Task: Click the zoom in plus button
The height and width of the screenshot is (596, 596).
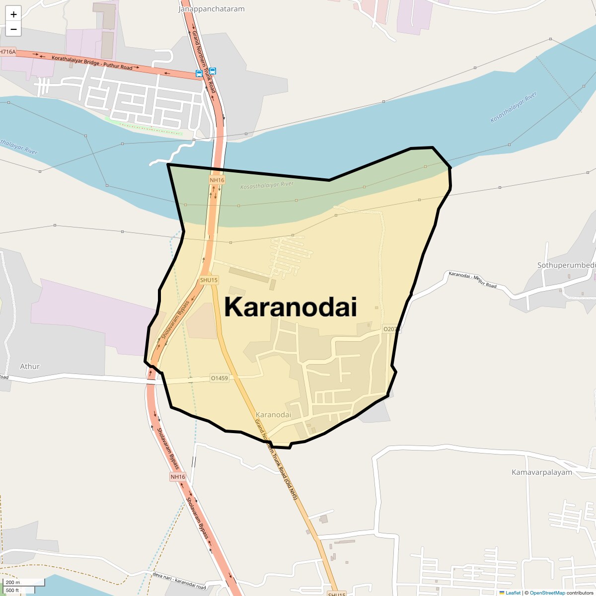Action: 13,14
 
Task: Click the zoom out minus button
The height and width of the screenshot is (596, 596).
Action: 13,29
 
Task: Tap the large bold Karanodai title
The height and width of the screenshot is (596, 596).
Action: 291,306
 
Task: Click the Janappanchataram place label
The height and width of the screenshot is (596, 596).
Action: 212,9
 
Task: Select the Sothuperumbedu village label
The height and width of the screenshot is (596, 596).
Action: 566,265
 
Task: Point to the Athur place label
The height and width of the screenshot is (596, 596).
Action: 30,367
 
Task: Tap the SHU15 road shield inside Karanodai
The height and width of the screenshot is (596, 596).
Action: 209,280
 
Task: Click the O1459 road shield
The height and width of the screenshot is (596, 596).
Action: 219,378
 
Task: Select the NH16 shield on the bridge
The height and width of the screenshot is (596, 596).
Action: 217,180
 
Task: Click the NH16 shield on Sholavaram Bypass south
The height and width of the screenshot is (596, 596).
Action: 178,477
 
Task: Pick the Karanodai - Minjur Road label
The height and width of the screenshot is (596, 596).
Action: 472,280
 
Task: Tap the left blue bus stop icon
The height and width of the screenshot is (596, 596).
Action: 199,74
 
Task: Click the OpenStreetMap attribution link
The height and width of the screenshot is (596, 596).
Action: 547,593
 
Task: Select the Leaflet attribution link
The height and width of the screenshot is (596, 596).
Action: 513,593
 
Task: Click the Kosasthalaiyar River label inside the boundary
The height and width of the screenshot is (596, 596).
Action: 267,185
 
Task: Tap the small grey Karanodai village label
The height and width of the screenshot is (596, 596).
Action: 273,415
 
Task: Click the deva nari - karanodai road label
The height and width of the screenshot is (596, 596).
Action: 180,582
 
